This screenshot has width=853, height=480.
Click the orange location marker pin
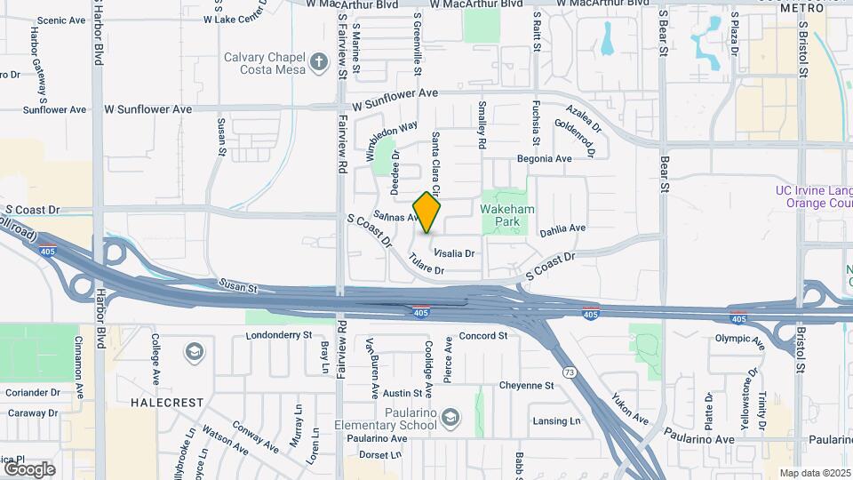pyautogui.click(x=427, y=212)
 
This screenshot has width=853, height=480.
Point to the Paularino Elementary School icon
pyautogui.click(x=452, y=417)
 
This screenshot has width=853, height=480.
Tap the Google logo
pyautogui.click(x=28, y=468)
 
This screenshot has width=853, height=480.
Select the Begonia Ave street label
pyautogui.click(x=545, y=159)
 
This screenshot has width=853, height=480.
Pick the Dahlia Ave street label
pyautogui.click(x=562, y=228)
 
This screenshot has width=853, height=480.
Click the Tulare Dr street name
pyautogui.click(x=426, y=264)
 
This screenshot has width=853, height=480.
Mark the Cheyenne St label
pyautogui.click(x=526, y=385)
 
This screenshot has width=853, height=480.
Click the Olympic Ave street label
pyautogui.click(x=739, y=338)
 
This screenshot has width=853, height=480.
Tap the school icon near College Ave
pyautogui.click(x=193, y=354)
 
